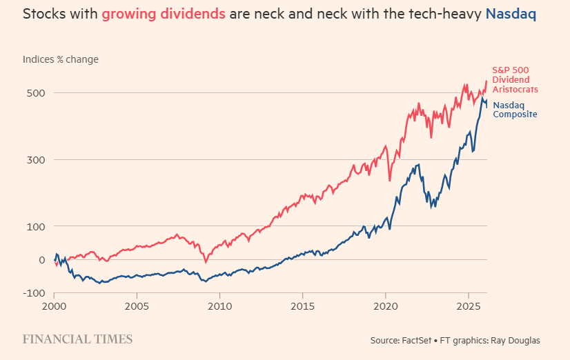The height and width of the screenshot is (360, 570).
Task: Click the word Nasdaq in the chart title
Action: [x=512, y=13]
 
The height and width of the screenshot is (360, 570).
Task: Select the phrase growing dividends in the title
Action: [x=164, y=13]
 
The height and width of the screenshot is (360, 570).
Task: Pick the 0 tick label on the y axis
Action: [x=41, y=260]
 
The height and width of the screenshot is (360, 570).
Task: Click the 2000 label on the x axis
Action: [x=55, y=306]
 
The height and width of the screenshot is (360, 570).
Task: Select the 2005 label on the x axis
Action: [x=137, y=306]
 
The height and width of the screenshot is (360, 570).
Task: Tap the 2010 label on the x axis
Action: [x=219, y=306]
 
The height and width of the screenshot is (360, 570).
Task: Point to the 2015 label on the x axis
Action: [x=303, y=306]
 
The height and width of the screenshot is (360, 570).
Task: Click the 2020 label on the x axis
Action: [x=386, y=306]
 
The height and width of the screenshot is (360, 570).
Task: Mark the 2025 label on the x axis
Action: [x=469, y=306]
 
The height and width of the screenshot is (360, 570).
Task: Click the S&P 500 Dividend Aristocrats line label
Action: [x=515, y=80]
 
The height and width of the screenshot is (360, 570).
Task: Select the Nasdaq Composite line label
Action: [x=515, y=110]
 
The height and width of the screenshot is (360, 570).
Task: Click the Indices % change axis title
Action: [x=61, y=59]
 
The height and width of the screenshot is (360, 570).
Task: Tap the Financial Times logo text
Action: [x=77, y=339]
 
